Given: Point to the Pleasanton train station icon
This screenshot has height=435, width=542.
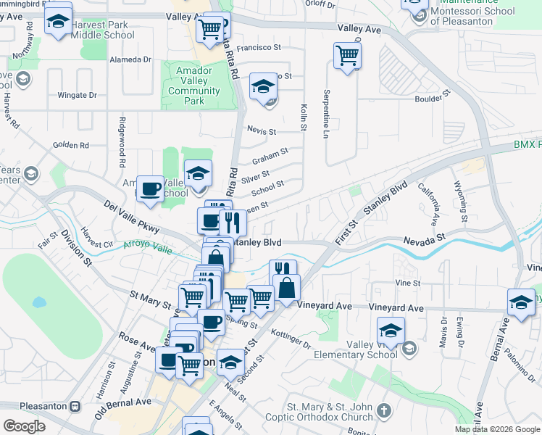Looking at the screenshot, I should [75, 407].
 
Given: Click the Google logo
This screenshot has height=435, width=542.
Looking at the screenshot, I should [25, 426].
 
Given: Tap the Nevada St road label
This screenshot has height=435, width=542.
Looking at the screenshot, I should [424, 240].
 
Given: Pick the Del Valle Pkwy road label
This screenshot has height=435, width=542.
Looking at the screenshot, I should [130, 215].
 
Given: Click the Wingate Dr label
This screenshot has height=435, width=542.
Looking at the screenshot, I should [77, 95].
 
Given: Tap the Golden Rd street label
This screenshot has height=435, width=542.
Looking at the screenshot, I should [70, 145].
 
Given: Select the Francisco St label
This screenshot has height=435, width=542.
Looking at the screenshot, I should [259, 47].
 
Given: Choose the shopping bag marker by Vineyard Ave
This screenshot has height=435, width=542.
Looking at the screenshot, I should [286, 289].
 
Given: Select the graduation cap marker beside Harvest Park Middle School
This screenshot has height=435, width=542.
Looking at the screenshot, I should [58, 22].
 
